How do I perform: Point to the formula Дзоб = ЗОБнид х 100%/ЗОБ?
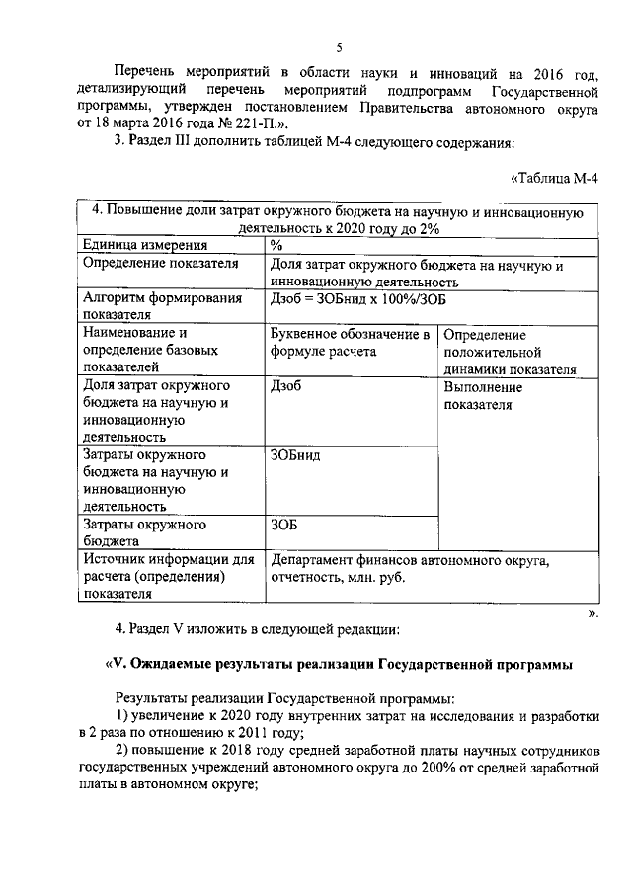tap(364, 297)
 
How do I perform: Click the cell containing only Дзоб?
tap(285, 386)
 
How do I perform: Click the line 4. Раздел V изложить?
tap(257, 627)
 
